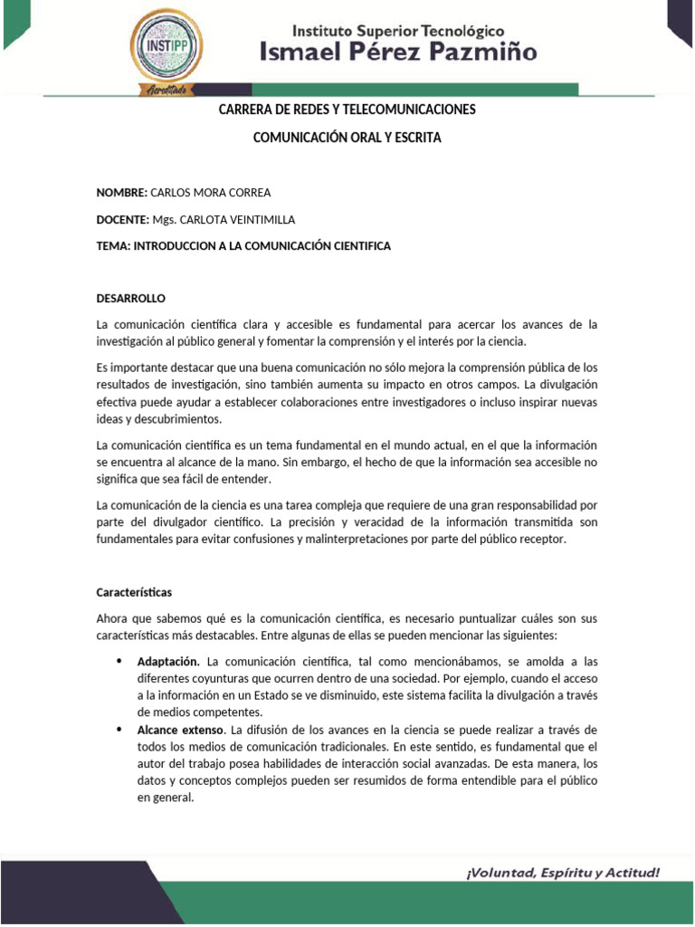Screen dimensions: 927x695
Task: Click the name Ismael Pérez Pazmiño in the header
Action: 398,53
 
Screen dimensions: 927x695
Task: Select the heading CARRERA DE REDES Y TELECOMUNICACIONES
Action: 347,110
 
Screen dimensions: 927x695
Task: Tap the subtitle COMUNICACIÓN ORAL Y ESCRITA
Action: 347,139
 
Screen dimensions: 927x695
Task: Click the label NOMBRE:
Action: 121,193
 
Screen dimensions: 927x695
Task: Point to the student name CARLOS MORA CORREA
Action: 210,193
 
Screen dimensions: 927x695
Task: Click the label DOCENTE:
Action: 122,220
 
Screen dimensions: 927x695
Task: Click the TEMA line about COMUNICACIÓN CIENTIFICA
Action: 243,246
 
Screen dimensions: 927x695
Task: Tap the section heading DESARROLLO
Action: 131,298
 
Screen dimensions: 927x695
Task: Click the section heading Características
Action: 134,592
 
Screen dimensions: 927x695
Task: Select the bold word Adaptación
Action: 168,662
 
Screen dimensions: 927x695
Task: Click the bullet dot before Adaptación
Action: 119,662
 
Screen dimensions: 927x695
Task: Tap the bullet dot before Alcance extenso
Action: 119,730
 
